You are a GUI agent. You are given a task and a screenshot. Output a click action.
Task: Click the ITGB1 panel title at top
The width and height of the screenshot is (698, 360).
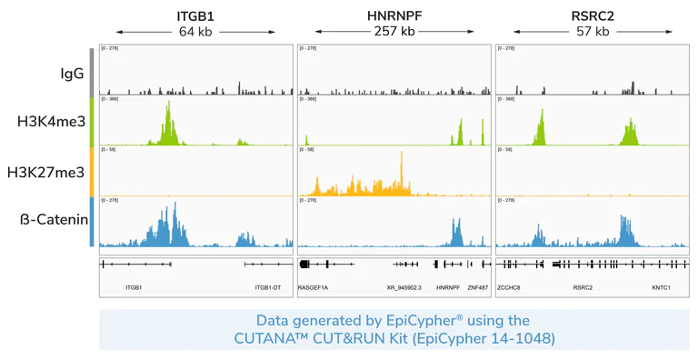195,15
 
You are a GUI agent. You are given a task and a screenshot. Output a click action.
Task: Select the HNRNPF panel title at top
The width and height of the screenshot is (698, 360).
394,15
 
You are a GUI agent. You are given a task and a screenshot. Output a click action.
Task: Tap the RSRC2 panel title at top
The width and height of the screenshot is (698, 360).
592,15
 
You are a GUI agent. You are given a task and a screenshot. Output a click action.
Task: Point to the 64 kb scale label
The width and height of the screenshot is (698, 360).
195,32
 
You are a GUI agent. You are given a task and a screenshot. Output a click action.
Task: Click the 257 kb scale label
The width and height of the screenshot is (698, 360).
394,32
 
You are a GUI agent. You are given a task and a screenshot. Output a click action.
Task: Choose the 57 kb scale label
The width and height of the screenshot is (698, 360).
592,32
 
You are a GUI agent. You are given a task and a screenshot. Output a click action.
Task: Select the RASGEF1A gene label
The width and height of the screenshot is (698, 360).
314,287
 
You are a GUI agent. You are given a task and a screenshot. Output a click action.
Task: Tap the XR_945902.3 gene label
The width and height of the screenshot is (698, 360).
404,287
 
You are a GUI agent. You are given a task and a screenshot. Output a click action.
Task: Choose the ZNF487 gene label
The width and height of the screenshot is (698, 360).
478,287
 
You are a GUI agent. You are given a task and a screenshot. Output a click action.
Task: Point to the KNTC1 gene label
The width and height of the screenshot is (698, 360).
661,287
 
